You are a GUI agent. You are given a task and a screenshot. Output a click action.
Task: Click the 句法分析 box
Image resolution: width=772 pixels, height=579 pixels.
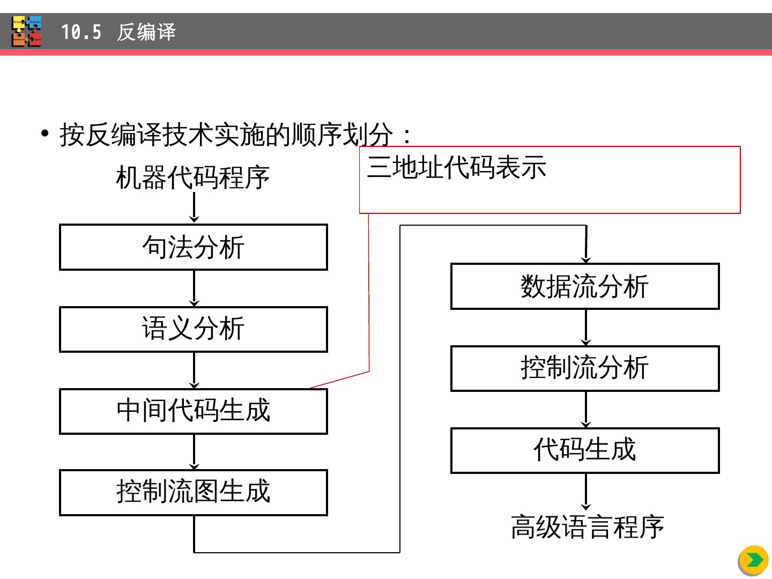[x=193, y=247]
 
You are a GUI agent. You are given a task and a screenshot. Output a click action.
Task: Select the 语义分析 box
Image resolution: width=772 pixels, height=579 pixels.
[x=193, y=329]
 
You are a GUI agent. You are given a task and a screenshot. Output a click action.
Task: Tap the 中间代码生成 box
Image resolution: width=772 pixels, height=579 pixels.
[x=193, y=411]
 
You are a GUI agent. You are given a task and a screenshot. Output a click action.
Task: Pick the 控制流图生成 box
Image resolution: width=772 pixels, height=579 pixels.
[x=193, y=493]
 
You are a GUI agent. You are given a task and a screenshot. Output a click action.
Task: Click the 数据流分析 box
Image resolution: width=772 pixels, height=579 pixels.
[x=585, y=286]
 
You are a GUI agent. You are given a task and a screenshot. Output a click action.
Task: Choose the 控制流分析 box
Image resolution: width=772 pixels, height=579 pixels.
[x=585, y=368]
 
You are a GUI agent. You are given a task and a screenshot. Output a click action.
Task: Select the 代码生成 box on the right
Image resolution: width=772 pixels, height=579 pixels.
[x=585, y=450]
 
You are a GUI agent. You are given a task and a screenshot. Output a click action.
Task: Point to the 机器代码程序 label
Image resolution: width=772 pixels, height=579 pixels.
[x=192, y=177]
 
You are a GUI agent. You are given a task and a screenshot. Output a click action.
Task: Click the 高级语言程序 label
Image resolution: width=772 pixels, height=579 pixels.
[x=588, y=527]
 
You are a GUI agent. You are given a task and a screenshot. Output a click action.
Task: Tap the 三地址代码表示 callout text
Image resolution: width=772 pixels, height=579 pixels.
[x=457, y=167]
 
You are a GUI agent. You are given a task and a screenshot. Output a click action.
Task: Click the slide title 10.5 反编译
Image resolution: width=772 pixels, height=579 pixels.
[x=118, y=32]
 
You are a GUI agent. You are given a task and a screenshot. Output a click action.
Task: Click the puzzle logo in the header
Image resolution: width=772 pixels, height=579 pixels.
[x=27, y=32]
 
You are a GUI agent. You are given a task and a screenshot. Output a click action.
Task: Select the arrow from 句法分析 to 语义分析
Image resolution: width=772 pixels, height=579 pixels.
[x=194, y=288]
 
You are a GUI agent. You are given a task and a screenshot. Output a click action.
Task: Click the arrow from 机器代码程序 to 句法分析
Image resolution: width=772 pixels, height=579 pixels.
[x=194, y=207]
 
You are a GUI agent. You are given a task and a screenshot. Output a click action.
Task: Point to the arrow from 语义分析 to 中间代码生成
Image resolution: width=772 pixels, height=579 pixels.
[x=194, y=370]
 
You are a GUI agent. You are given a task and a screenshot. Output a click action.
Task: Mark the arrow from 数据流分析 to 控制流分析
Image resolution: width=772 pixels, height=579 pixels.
[x=586, y=328]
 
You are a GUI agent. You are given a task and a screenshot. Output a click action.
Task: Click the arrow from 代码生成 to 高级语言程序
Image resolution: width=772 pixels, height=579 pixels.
[x=586, y=492]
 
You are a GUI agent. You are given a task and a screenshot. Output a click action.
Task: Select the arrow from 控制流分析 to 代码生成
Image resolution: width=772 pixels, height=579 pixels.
[x=586, y=410]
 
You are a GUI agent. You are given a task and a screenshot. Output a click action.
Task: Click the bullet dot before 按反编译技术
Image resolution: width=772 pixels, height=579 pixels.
[x=45, y=133]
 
